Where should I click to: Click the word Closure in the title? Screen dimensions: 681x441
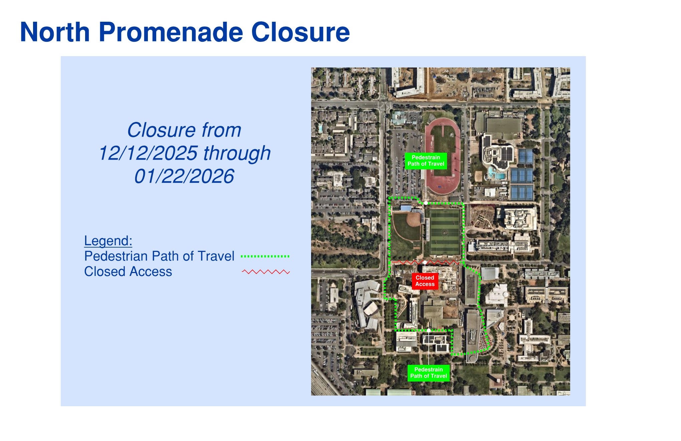coord(300,32)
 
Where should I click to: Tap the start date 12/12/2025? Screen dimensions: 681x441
coord(148,153)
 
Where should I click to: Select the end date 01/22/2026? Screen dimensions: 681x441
coord(184,176)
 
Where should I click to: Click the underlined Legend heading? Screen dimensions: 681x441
coord(108,241)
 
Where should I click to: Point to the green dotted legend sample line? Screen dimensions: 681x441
coord(265,256)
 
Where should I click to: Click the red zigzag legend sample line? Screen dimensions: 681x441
coord(266,272)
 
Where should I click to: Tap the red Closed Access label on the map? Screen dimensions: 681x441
coord(425,281)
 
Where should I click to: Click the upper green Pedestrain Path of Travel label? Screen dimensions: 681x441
coord(426,161)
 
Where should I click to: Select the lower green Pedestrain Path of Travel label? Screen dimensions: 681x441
coord(428,373)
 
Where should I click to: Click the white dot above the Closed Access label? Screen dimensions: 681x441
coord(425,263)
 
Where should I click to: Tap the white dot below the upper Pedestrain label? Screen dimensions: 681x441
coord(426,203)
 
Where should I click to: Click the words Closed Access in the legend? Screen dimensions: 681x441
coord(128,272)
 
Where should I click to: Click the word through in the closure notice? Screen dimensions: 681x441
coord(237,153)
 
